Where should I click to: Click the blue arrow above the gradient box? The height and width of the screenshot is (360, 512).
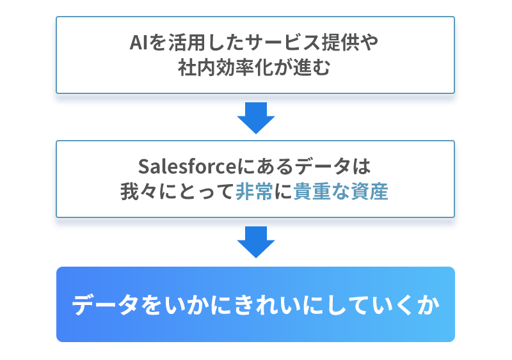click(255, 242)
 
